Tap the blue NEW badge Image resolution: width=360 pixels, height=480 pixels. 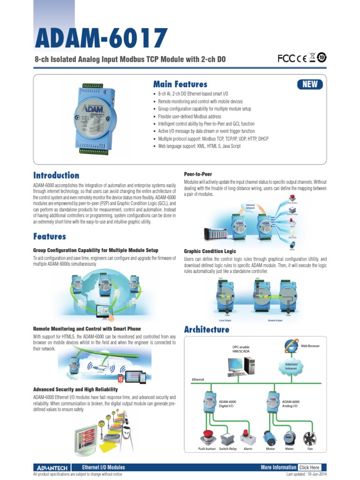click(x=309, y=84)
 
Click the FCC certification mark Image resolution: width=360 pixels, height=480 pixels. click(x=285, y=58)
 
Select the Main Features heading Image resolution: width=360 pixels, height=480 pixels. click(x=180, y=84)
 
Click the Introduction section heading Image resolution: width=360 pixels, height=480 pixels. click(x=56, y=175)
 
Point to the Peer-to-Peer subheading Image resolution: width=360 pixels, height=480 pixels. click(x=198, y=174)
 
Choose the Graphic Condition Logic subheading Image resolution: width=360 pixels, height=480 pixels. click(x=210, y=251)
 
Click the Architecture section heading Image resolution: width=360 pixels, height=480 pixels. click(x=207, y=330)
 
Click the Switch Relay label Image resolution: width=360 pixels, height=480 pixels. click(x=228, y=449)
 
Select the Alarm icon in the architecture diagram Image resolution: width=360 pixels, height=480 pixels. click(x=247, y=437)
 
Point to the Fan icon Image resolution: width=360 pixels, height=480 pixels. click(x=310, y=437)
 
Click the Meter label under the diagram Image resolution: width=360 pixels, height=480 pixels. click(x=289, y=449)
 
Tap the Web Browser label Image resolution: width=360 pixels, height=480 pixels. click(x=310, y=346)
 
